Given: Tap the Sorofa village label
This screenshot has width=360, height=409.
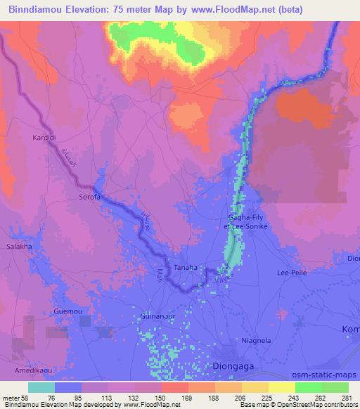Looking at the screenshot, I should click(x=90, y=197).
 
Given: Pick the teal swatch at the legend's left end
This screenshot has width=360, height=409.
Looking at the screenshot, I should click(x=41, y=387).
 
